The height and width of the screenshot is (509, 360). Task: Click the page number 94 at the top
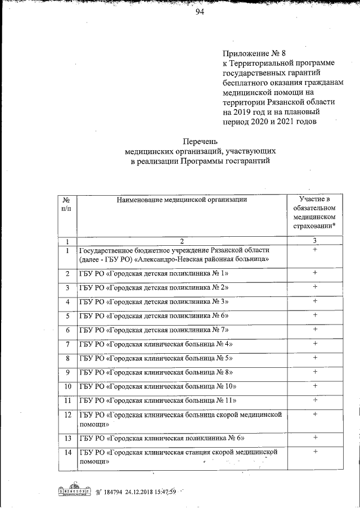tap(199, 13)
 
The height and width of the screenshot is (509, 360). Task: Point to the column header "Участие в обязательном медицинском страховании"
tap(314, 213)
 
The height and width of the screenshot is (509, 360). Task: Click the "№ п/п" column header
tap(66, 204)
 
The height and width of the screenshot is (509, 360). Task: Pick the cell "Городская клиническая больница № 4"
tap(156, 344)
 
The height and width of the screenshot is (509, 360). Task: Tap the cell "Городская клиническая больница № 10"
tap(158, 386)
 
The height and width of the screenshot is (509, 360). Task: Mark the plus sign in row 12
tap(315, 414)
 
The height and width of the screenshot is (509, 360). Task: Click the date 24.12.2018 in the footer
tap(148, 493)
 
